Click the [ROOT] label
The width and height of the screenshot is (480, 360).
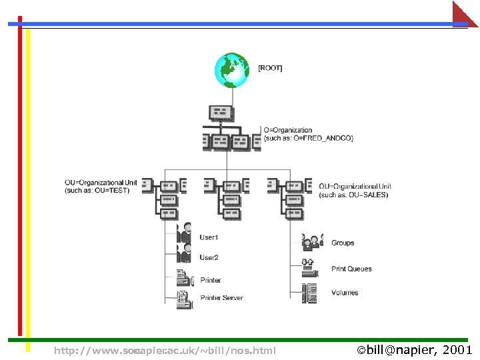pos(270,68)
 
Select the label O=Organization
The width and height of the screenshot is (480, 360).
pos(288,130)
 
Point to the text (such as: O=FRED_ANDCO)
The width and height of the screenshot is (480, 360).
pos(309,138)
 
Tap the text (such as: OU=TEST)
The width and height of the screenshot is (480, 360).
pos(97,191)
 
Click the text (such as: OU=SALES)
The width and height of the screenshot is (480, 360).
pos(353,195)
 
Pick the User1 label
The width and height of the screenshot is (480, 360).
pos(209,237)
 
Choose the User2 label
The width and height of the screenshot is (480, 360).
pos(209,257)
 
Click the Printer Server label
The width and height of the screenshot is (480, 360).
pos(222,298)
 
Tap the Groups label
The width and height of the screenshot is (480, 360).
pos(343,243)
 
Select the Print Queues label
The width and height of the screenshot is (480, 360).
pos(351,269)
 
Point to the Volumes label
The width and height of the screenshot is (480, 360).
pos(345,293)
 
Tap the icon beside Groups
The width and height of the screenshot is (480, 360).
pos(311,241)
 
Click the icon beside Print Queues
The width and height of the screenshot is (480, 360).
pos(309,267)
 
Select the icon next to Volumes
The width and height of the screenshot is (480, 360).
pos(309,293)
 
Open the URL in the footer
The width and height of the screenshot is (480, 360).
pos(165,350)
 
